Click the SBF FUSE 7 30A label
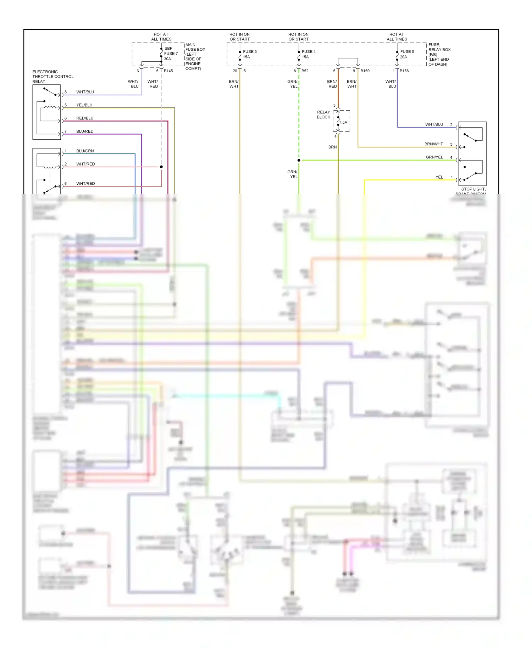pos(171,54)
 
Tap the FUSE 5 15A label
pos(249,54)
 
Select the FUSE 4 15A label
pos(308,54)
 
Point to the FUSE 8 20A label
pos(406,54)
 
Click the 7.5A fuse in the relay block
pos(343,122)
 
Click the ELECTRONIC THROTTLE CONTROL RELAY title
pos(52,77)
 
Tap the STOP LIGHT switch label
pos(473,189)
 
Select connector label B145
pos(168,71)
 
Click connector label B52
pos(305,71)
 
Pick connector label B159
pos(365,71)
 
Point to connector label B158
pos(404,71)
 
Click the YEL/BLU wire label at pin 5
pos(84,105)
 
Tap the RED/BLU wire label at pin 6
pos(85,118)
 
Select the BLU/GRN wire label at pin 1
pos(85,151)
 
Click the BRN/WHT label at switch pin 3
pos(433,144)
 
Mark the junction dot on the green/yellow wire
pos(299,160)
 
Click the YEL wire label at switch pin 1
pos(439,177)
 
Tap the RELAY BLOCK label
pos(323,114)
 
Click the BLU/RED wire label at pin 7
pos(85,131)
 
